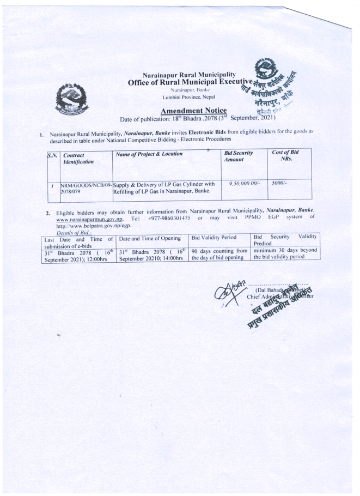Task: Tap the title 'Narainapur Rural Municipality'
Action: (x=188, y=74)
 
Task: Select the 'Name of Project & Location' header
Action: (x=149, y=155)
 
